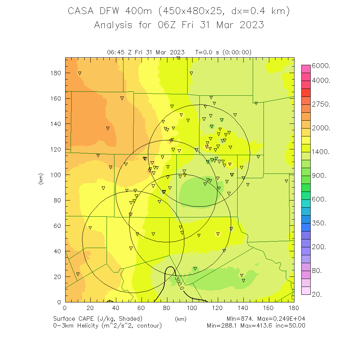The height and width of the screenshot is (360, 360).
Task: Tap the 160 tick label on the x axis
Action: click(269, 308)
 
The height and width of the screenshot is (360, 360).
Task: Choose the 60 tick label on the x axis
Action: click(141, 308)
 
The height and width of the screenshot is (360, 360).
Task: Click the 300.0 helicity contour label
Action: click(179, 283)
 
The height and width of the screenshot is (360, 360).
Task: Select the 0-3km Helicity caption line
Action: click(107, 326)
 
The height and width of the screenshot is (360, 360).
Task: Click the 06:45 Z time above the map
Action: click(121, 53)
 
